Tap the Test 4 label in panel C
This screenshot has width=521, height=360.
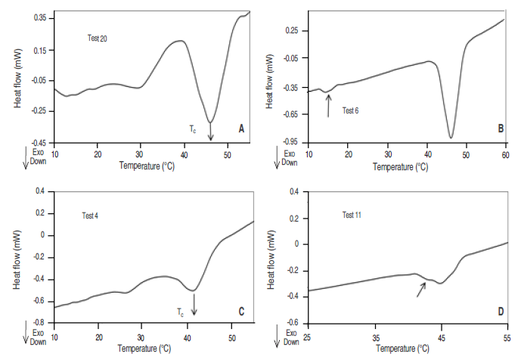[x=89, y=216]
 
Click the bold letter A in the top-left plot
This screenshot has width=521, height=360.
[x=241, y=129]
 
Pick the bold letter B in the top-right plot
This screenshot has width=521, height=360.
[x=500, y=129]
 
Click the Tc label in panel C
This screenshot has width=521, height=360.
[x=180, y=311]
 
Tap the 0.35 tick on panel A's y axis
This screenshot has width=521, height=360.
[x=39, y=16]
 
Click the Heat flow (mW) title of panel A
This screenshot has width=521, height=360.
[x=17, y=79]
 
